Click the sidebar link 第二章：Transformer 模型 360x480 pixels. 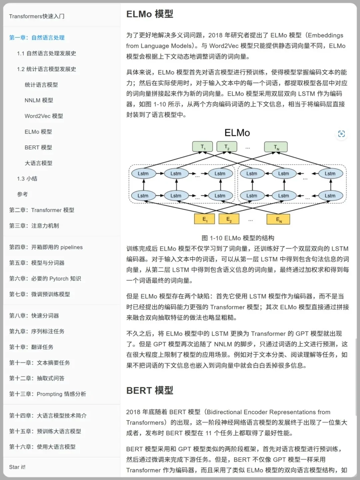(x=42, y=210)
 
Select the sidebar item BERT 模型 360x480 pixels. (x=38, y=147)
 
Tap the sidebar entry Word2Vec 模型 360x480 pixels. (x=44, y=116)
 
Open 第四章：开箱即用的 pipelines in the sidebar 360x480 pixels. (x=46, y=247)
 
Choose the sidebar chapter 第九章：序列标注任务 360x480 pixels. (x=37, y=331)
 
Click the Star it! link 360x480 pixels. (x=17, y=467)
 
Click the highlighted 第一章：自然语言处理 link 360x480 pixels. (x=37, y=38)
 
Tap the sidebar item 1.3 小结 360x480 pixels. (x=27, y=179)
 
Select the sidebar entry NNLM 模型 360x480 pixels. (x=39, y=100)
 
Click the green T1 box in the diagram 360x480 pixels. (x=202, y=147)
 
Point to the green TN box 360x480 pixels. (x=276, y=147)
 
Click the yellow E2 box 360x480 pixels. (x=229, y=219)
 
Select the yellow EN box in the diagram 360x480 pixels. (x=278, y=219)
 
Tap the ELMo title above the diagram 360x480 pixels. (x=237, y=133)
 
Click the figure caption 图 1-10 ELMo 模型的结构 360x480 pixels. (x=238, y=238)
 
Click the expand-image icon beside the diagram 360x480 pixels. (x=341, y=134)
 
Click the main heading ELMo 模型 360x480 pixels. (x=150, y=14)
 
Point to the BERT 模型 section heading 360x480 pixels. (x=150, y=390)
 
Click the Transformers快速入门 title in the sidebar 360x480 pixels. (x=37, y=16)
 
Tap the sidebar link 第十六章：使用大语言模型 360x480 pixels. (x=42, y=447)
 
